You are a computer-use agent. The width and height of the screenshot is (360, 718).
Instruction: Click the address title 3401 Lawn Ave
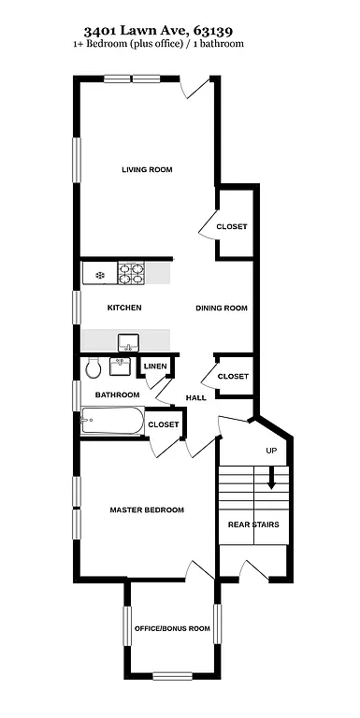coord(180,29)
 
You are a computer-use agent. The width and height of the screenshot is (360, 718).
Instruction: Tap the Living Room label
coord(147,169)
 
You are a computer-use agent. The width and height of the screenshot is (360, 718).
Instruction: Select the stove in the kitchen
coord(131,274)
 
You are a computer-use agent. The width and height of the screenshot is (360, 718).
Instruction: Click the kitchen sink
coord(127,340)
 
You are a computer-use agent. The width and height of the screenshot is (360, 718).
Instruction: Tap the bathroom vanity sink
coord(121,366)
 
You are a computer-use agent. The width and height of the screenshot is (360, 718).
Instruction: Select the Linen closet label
coord(154,366)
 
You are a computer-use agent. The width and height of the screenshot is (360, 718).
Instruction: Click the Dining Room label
coord(221,308)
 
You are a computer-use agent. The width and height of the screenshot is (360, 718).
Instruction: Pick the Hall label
coord(195,398)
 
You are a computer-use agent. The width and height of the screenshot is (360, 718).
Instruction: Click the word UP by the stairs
coord(272,452)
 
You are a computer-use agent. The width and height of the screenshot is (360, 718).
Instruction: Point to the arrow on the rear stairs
coord(272,480)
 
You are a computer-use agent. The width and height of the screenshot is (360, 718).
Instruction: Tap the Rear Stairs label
coord(253,524)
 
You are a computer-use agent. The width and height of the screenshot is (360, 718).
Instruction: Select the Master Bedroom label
coord(146,510)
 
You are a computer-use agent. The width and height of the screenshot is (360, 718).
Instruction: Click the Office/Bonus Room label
coord(172,628)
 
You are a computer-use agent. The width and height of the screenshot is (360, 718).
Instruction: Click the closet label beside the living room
coord(232,227)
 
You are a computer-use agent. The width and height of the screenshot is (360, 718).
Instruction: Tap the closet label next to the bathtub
coord(164,424)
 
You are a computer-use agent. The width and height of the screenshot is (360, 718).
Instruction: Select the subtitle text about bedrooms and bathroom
coord(180,44)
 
